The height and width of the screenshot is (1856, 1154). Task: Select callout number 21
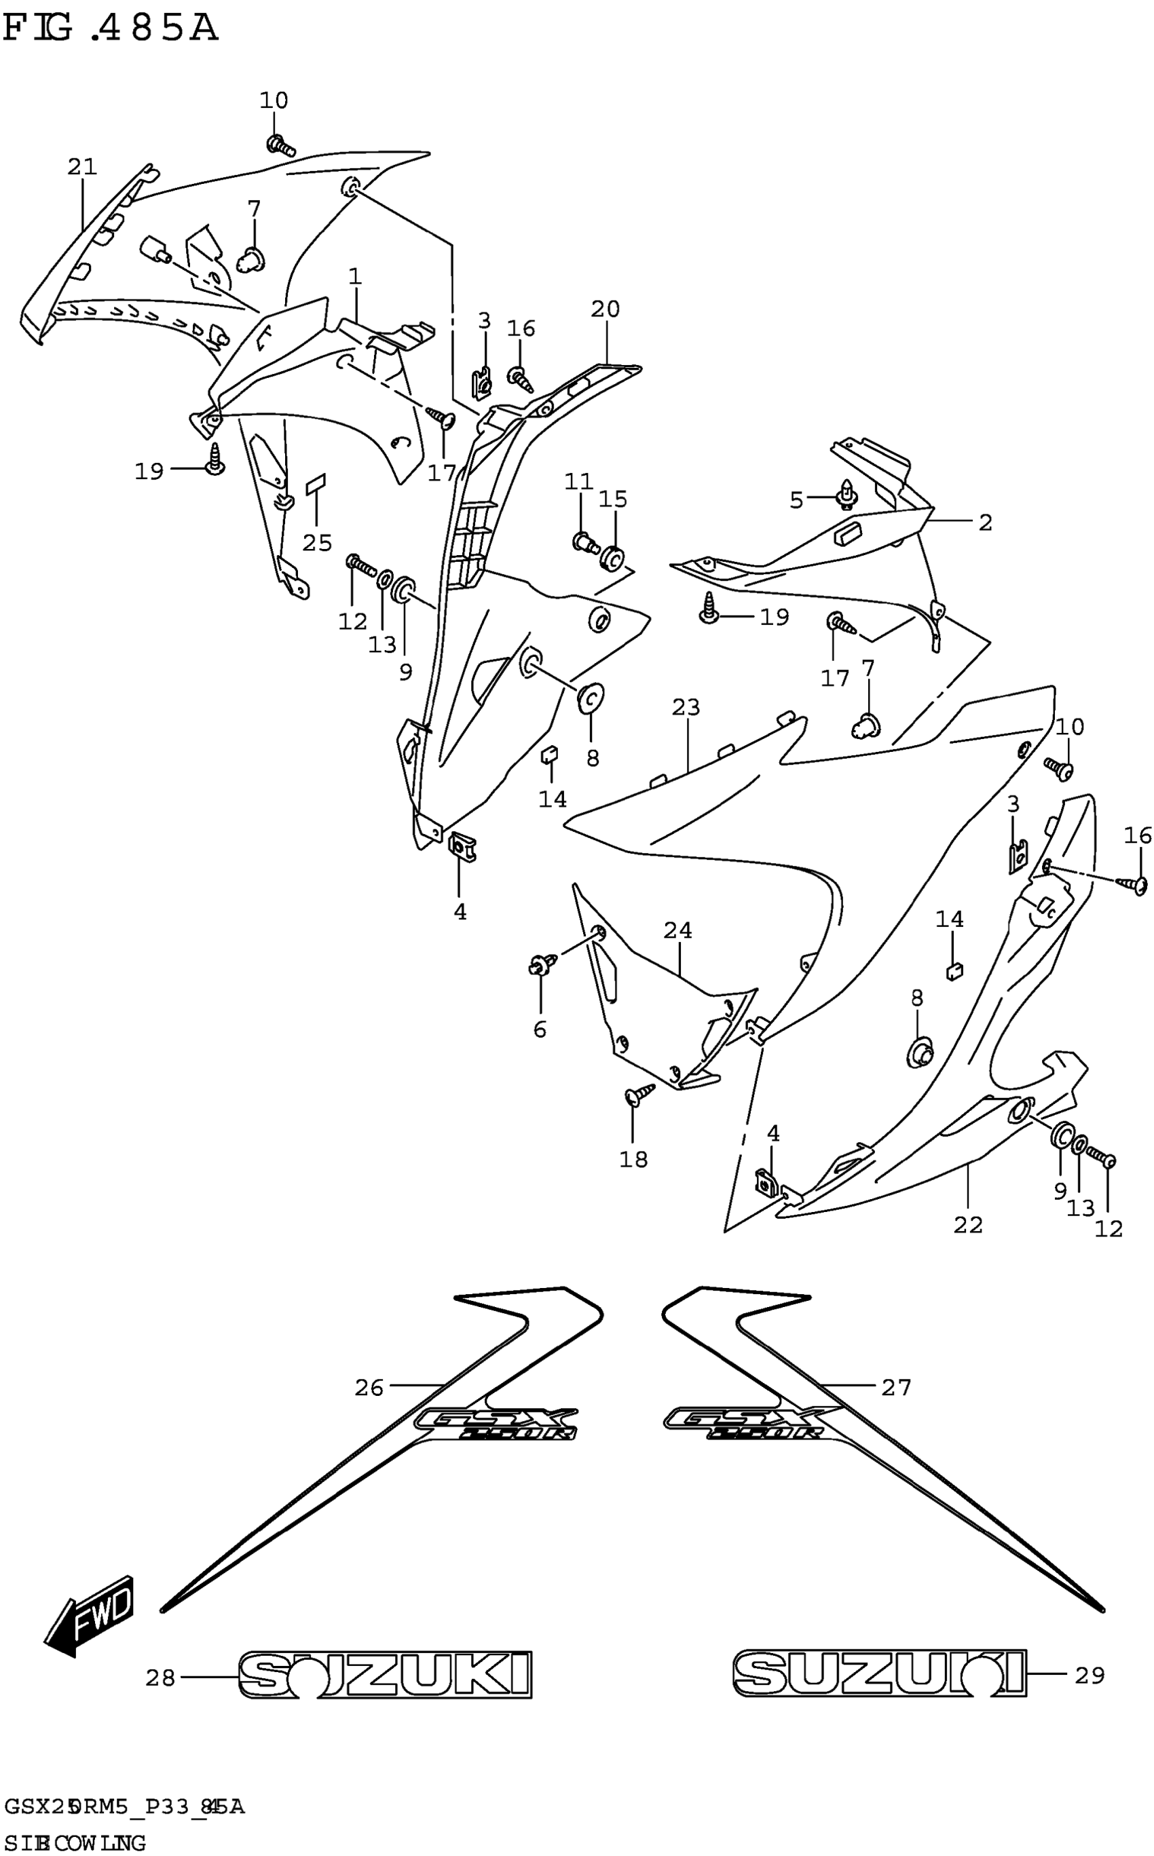[82, 166]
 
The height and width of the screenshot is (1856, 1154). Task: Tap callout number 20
[606, 309]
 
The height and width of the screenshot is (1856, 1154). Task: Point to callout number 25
[318, 542]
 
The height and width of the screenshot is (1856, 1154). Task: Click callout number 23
[686, 707]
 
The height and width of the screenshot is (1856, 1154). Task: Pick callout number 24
[677, 930]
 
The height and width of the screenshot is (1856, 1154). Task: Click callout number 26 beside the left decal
[369, 1388]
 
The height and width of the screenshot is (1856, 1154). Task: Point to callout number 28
[160, 1678]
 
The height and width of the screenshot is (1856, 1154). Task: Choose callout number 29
[1090, 1675]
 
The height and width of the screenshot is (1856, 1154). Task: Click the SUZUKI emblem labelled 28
[386, 1675]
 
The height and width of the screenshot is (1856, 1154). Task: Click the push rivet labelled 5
[846, 495]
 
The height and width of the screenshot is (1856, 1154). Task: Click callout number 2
[986, 523]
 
